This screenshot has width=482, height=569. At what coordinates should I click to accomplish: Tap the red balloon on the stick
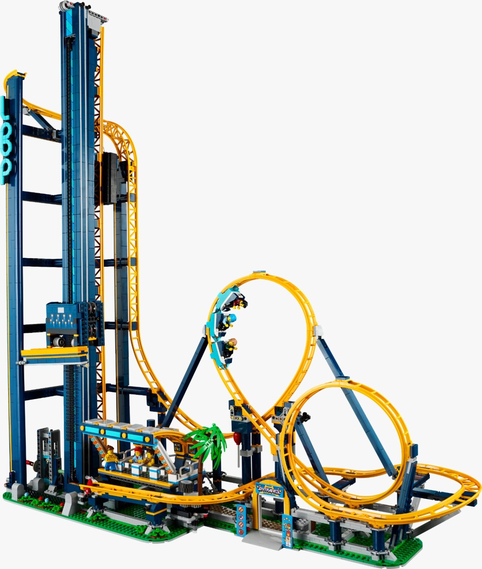(x=237, y=437)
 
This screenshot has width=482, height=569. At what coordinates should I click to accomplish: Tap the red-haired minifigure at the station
(x=138, y=454)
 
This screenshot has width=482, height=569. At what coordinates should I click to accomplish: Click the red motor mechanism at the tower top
(x=68, y=5)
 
